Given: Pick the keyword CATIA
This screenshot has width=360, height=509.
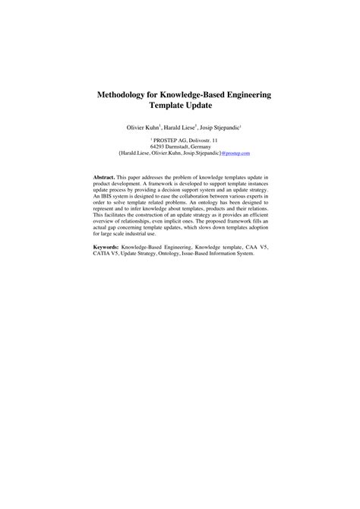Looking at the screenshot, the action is click(102, 253).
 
